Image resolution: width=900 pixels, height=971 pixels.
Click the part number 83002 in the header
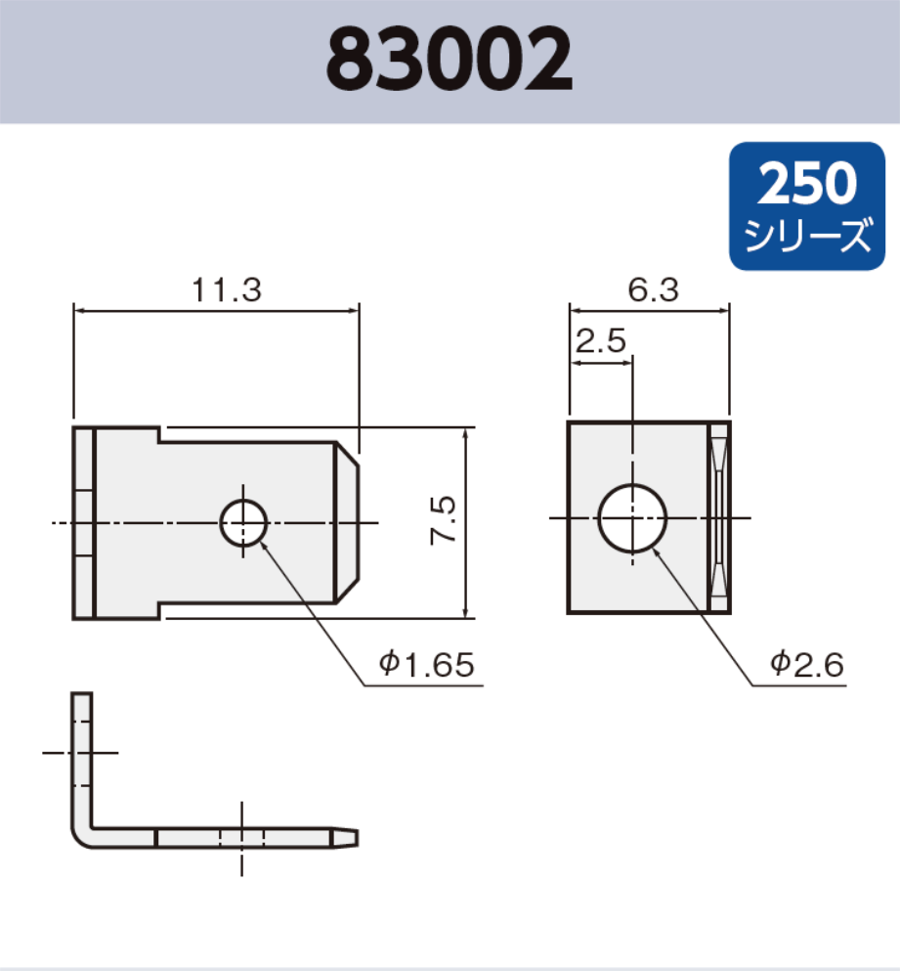pyautogui.click(x=450, y=60)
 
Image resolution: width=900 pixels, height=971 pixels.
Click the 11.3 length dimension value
pyautogui.click(x=226, y=290)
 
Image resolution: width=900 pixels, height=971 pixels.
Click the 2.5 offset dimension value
pyautogui.click(x=601, y=341)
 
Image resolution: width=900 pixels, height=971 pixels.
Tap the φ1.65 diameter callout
pyautogui.click(x=427, y=665)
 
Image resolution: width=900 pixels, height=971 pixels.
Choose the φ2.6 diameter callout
pyautogui.click(x=806, y=665)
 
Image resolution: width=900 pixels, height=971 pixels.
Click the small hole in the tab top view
pyautogui.click(x=243, y=523)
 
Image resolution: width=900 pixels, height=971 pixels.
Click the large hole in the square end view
pyautogui.click(x=632, y=517)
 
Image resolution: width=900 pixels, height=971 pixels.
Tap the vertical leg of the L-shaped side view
pyautogui.click(x=82, y=753)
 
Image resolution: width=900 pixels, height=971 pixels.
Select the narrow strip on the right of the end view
pyautogui.click(x=718, y=517)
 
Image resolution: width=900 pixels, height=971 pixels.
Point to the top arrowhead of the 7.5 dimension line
pyautogui.click(x=465, y=433)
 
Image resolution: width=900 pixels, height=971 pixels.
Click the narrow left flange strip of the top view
pyautogui.click(x=83, y=523)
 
